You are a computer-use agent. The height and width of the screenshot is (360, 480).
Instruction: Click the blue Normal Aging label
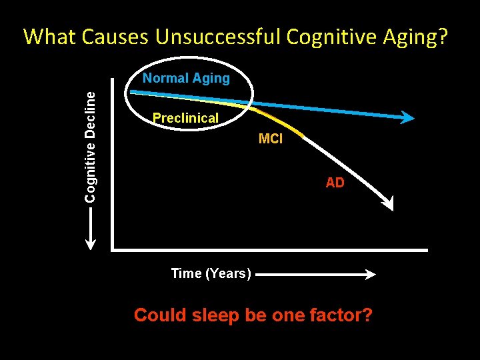[x=186, y=78]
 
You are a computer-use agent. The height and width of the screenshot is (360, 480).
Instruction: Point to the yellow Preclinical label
[x=185, y=118]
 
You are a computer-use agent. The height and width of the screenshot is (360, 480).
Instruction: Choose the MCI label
[x=271, y=139]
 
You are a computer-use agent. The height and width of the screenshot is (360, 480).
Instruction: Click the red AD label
[x=335, y=183]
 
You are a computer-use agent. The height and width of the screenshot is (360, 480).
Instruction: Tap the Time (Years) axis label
[x=211, y=273]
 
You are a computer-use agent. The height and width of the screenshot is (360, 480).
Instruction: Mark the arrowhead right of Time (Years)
[x=371, y=274]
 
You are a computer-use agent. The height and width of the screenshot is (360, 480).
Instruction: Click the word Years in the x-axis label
[x=228, y=273]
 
